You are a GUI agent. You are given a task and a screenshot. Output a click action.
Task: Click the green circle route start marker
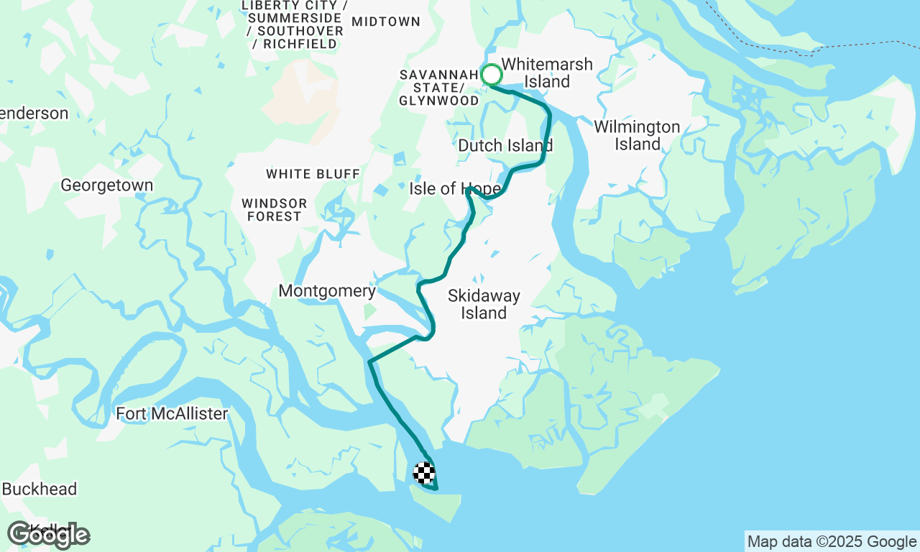(492, 75)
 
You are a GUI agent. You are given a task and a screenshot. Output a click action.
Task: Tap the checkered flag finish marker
(424, 473)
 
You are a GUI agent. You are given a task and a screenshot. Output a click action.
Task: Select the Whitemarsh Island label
(547, 73)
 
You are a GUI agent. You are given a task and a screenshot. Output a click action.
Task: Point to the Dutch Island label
(505, 146)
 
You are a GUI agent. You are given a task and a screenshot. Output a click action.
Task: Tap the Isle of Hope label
(454, 189)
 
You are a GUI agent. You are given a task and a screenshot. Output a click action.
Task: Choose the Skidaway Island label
(484, 304)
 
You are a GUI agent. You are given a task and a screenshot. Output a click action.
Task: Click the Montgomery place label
(327, 291)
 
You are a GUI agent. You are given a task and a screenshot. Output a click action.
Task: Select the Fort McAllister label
(172, 414)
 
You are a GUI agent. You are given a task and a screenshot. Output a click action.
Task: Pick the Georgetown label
(106, 185)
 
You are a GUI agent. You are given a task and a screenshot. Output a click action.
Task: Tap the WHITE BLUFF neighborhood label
(313, 174)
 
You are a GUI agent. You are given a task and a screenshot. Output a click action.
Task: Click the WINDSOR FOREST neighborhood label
(274, 210)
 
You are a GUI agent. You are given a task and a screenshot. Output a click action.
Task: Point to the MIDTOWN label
(386, 22)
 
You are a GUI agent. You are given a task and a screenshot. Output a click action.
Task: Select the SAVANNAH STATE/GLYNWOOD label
(438, 88)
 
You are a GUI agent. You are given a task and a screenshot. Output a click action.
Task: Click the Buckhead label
(39, 489)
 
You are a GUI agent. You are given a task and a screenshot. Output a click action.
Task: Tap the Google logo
(48, 535)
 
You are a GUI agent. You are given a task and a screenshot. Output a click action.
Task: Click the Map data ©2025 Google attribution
(832, 542)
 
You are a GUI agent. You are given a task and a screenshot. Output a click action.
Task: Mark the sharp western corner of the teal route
(369, 362)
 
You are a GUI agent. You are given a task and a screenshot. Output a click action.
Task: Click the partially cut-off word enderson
(34, 114)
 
